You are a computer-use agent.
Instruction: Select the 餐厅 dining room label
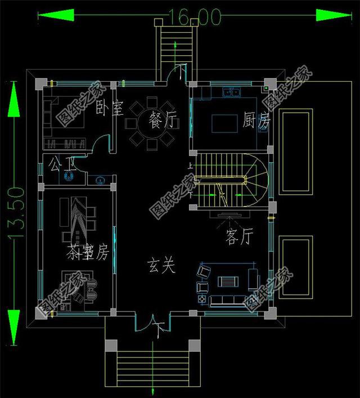[x=163, y=120]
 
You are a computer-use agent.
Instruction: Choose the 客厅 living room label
[x=240, y=237]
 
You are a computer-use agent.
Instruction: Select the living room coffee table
[x=228, y=282]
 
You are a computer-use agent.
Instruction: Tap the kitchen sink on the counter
[x=231, y=91]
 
